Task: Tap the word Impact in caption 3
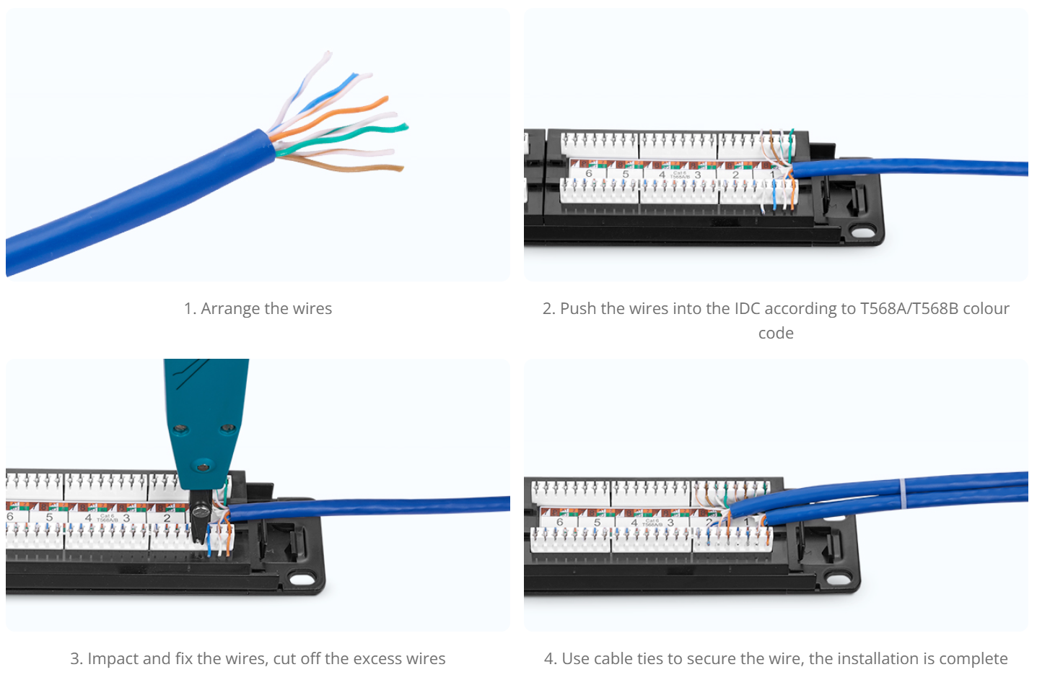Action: coord(113,658)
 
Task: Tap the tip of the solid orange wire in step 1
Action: coord(385,99)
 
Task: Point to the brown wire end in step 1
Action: coord(401,168)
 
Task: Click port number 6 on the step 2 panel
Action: coord(588,174)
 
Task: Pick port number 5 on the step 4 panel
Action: coord(597,522)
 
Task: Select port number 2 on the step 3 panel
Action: coord(167,518)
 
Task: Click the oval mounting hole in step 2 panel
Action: coord(862,232)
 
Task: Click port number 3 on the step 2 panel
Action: coord(698,175)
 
